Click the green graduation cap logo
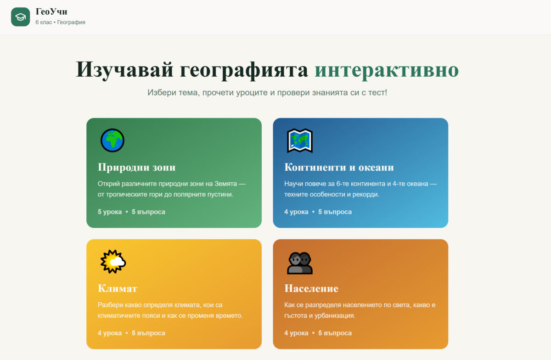(20, 17)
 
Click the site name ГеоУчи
(51, 11)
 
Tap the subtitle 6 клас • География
(60, 22)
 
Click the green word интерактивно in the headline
(387, 70)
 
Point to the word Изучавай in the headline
(125, 70)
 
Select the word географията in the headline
(244, 71)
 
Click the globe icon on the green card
(112, 141)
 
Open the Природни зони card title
(136, 167)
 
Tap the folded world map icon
(299, 141)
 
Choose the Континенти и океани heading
(339, 167)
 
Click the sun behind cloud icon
(113, 262)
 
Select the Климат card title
(118, 288)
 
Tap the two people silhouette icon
(299, 263)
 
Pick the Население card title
(311, 288)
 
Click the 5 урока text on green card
(110, 212)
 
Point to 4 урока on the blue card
(296, 212)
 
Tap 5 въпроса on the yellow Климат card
(148, 333)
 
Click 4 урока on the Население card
(296, 333)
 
